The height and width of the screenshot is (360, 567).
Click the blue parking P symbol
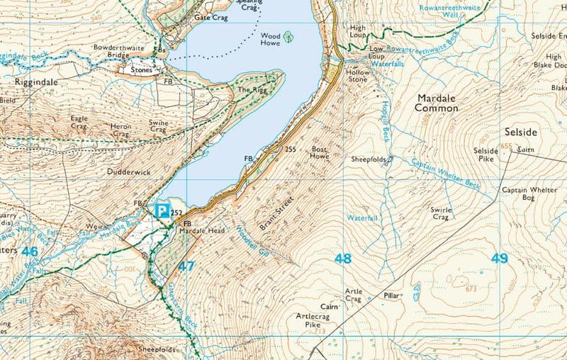point(162,210)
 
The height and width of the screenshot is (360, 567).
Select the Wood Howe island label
point(270,39)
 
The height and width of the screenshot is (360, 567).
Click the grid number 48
point(343,259)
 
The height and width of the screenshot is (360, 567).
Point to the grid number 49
point(500,259)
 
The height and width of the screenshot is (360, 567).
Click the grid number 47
point(186,266)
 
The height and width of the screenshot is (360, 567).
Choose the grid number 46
point(30,252)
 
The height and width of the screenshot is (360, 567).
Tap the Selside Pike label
point(486,156)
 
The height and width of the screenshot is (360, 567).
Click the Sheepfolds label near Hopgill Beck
point(369,159)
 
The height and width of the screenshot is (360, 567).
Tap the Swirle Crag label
point(441,213)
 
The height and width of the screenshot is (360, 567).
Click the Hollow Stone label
point(357,76)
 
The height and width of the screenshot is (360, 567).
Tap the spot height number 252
point(177,211)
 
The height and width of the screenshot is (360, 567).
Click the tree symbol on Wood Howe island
point(288,35)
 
